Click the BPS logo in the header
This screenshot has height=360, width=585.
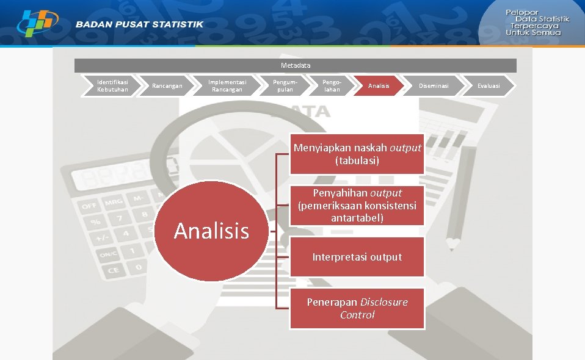pyautogui.click(x=37, y=23)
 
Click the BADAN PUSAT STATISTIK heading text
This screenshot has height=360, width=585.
pyautogui.click(x=140, y=24)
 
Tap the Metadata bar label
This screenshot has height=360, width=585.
pyautogui.click(x=296, y=65)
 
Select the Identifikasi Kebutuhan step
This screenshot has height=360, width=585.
pyautogui.click(x=113, y=86)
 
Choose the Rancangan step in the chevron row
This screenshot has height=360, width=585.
pyautogui.click(x=167, y=86)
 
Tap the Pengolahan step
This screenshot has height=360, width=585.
pyautogui.click(x=332, y=86)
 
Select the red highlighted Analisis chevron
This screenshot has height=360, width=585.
pyautogui.click(x=379, y=86)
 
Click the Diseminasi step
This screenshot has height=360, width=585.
pyautogui.click(x=433, y=86)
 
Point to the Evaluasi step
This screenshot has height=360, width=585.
pyautogui.click(x=489, y=86)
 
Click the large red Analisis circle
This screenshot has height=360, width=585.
pyautogui.click(x=211, y=231)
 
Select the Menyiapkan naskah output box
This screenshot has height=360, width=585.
pyautogui.click(x=357, y=154)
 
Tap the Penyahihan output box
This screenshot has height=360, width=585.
pyautogui.click(x=357, y=206)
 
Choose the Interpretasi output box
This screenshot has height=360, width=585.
pyautogui.click(x=357, y=257)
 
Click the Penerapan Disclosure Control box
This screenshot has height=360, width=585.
pyautogui.click(x=357, y=309)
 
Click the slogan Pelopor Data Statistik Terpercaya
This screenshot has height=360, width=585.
pyautogui.click(x=537, y=23)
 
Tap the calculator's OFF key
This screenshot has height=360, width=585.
pyautogui.click(x=89, y=206)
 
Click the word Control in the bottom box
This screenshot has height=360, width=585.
pyautogui.click(x=357, y=315)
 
